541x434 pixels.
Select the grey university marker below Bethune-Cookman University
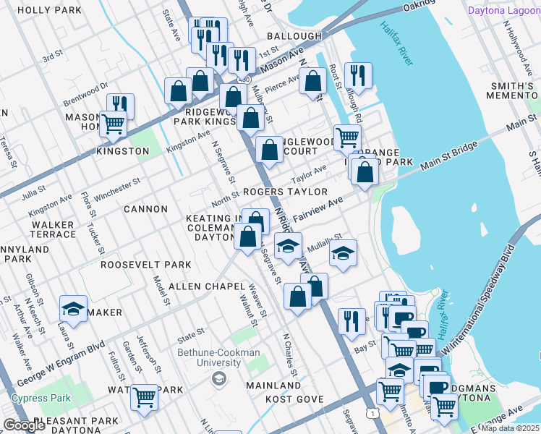point(218,378)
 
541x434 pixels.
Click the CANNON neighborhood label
point(145,209)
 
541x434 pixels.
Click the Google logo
point(24,425)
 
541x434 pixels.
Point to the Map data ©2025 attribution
point(510,428)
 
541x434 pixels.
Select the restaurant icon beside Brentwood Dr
point(120,106)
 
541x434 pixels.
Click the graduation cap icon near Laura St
point(73,308)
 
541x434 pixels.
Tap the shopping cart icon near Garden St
point(144,397)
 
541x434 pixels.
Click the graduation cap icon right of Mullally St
point(343,253)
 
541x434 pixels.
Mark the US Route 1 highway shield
point(371,412)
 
